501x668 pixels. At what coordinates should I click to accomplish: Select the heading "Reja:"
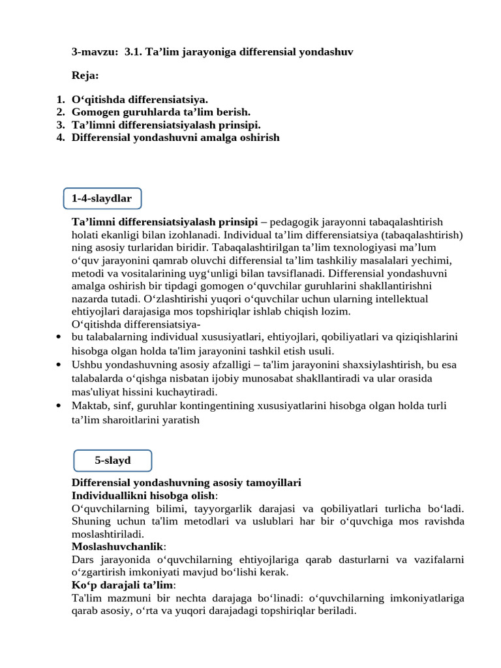(x=85, y=76)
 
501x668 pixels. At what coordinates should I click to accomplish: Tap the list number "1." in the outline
(x=60, y=100)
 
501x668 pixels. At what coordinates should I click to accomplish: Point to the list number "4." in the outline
(x=60, y=138)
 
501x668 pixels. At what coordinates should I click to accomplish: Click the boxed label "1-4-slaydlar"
(x=102, y=198)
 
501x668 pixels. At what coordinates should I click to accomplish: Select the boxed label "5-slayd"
(x=113, y=461)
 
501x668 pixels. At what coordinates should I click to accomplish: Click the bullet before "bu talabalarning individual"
(x=59, y=337)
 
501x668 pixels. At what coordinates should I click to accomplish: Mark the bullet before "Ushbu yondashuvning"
(x=59, y=365)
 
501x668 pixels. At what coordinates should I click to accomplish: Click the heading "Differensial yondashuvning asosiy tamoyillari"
(x=186, y=483)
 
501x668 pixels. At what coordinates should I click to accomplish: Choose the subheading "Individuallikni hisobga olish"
(x=142, y=496)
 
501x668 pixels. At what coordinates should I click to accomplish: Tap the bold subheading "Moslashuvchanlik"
(x=117, y=546)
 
